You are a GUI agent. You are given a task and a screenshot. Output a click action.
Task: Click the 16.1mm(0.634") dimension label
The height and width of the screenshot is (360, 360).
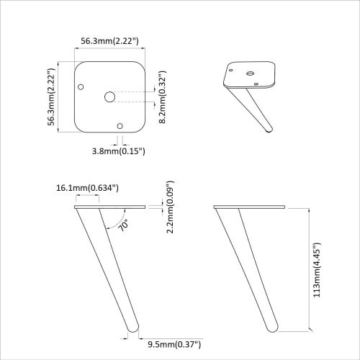point(87,188)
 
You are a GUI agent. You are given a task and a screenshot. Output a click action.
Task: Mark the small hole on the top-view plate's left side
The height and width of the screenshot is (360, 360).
point(81,87)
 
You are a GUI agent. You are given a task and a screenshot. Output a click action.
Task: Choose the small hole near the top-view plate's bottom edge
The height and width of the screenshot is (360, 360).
point(120,126)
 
